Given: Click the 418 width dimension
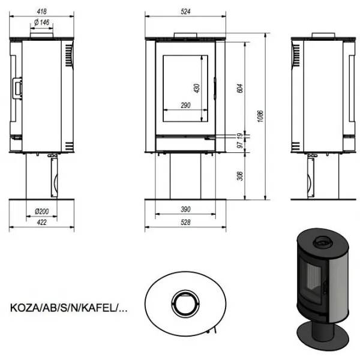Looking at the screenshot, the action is coord(41,11).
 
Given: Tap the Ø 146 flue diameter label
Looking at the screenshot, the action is coord(41,22).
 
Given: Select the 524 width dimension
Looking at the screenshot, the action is coord(185,11).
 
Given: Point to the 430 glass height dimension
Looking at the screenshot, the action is coord(197,88).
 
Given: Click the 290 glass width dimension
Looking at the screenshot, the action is coord(185,105).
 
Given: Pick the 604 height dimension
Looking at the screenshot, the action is coord(239,88).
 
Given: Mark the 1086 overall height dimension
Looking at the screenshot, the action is coord(260,116).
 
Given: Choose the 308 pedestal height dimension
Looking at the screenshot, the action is coord(239,176).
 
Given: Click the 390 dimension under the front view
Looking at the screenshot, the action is coord(185,209).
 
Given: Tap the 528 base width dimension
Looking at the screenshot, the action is coord(185,222).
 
